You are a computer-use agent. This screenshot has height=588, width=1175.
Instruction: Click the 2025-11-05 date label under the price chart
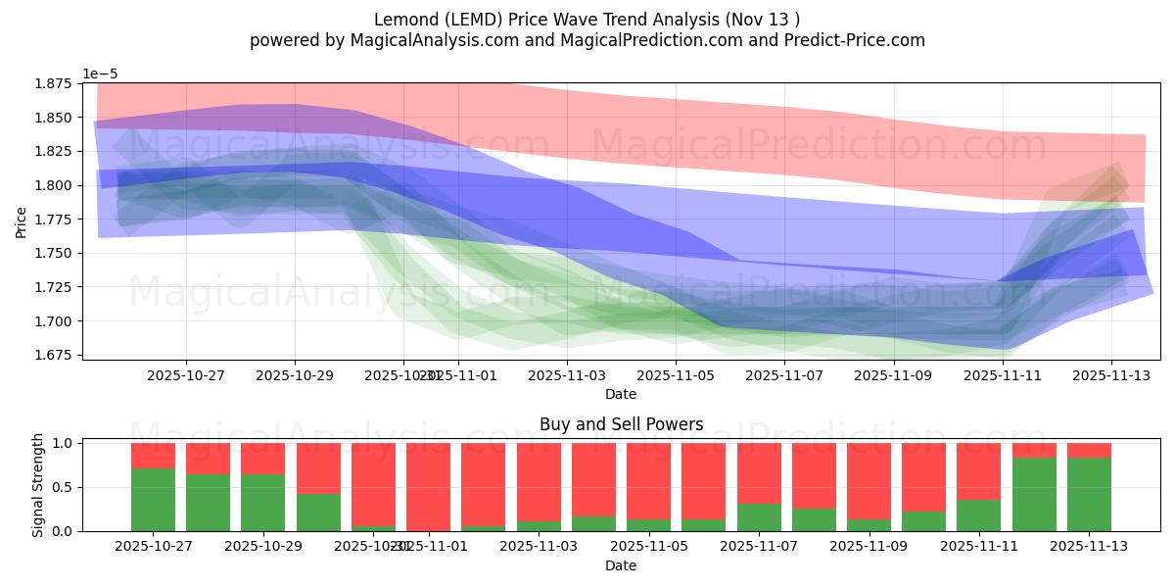(676, 374)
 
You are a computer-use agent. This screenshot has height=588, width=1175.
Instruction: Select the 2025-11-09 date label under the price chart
(893, 374)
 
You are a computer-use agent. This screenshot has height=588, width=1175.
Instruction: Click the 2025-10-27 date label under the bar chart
(153, 546)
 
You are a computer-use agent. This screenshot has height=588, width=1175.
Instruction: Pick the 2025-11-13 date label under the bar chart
(1089, 546)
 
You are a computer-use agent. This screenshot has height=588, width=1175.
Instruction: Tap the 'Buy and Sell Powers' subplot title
(621, 424)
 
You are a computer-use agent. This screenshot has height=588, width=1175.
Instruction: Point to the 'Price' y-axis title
(22, 221)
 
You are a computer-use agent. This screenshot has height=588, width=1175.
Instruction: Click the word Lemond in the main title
(404, 20)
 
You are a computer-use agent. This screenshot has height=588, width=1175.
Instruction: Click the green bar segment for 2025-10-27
(153, 500)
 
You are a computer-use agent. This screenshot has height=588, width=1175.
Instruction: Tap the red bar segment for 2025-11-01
(428, 486)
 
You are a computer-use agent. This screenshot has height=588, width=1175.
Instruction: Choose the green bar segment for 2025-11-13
(1089, 495)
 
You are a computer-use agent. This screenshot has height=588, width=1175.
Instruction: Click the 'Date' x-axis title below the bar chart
(621, 565)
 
